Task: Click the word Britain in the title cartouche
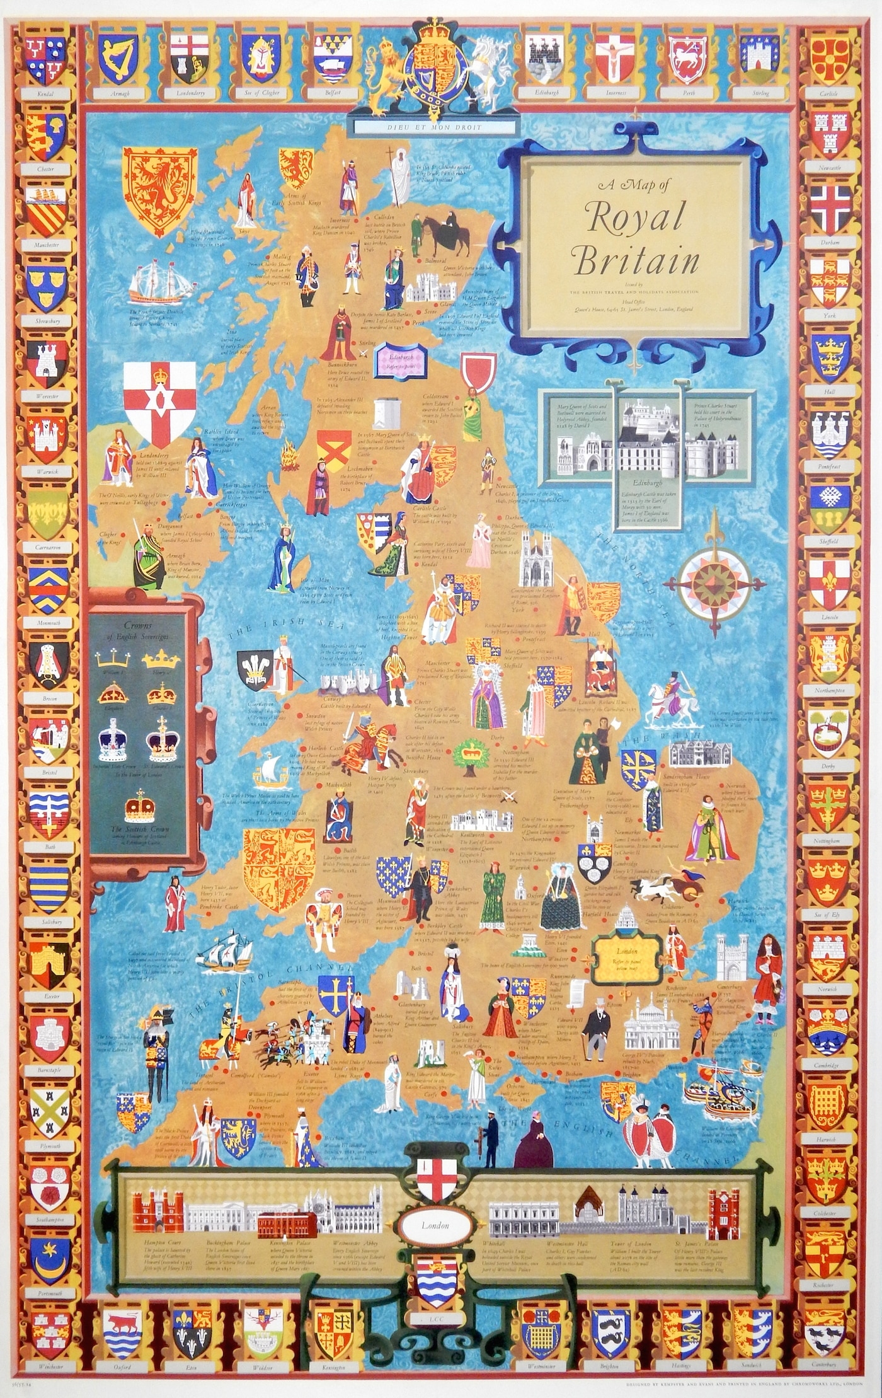637,262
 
